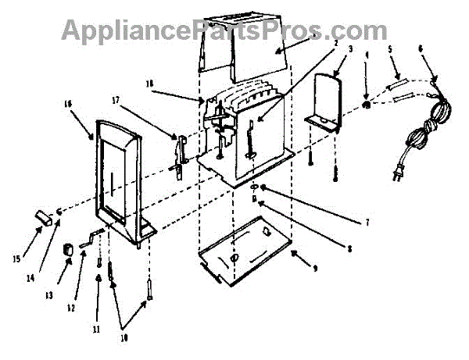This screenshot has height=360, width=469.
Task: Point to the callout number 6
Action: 421,48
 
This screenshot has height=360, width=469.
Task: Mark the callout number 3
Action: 350,48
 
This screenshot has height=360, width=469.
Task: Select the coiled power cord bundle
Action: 426,125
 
